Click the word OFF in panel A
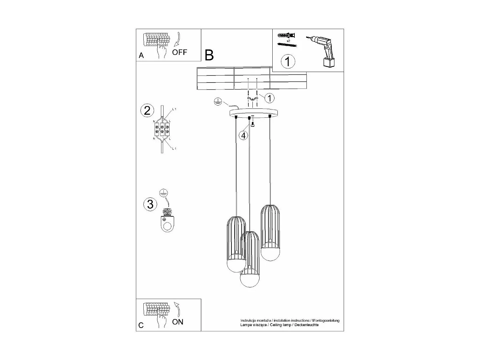click(180, 52)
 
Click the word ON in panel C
click(178, 322)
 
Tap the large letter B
click(209, 55)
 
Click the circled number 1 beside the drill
click(288, 61)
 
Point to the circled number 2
click(147, 110)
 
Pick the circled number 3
click(150, 204)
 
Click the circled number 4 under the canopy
click(244, 136)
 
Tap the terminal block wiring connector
click(162, 130)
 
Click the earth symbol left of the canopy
click(217, 102)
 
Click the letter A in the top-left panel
click(141, 56)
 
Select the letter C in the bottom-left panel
click(141, 325)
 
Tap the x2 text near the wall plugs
click(288, 41)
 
